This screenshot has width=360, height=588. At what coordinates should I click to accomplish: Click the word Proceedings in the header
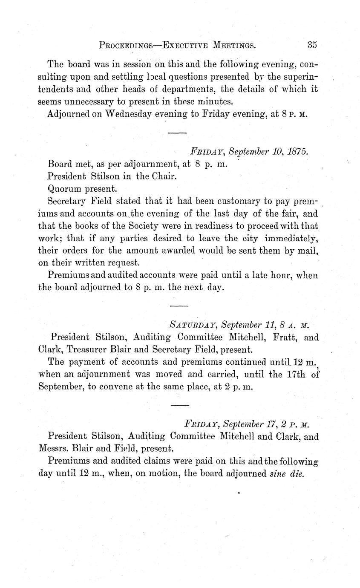125,44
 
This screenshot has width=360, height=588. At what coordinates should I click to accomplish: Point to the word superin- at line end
299,77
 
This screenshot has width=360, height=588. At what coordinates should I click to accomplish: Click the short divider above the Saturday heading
179,306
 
